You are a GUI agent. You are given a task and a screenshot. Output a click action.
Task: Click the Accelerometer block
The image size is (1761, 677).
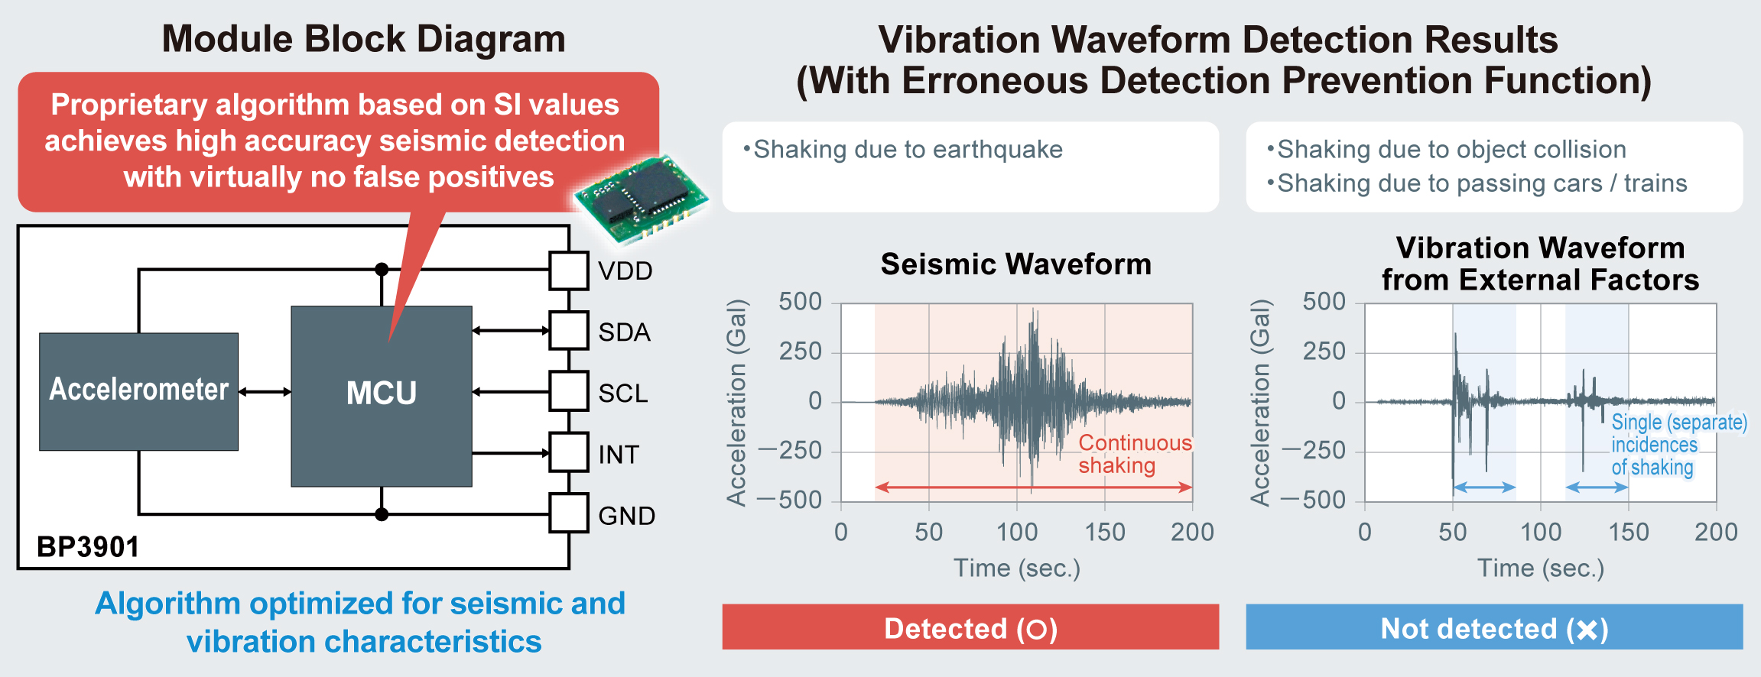pos(138,390)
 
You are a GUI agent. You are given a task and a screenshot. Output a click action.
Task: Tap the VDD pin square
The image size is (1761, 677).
pos(569,270)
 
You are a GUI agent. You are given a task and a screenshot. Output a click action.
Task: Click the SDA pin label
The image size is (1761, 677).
pos(624,332)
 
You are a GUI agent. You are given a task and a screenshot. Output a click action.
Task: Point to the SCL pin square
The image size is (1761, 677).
pos(569,391)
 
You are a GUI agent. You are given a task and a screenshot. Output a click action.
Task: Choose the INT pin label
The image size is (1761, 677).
pos(618,455)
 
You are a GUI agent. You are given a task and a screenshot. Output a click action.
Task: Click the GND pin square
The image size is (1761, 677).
pos(569,513)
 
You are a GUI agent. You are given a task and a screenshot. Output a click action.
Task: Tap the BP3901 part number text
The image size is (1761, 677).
pos(88,547)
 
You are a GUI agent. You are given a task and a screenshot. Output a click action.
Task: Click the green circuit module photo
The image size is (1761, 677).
pos(641,197)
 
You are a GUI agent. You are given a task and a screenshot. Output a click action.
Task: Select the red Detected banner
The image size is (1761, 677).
pos(970,627)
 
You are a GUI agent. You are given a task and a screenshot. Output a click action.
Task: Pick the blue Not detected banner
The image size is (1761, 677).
pos(1494,627)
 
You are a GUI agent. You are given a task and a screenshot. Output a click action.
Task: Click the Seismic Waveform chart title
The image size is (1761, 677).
pos(1015,264)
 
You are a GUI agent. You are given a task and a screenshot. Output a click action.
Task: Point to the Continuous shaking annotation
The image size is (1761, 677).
pos(1134,454)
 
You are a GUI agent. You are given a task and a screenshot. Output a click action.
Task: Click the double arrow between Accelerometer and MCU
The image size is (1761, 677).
pos(265,392)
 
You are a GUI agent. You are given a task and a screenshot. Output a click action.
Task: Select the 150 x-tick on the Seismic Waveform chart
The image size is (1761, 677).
pos(1104,532)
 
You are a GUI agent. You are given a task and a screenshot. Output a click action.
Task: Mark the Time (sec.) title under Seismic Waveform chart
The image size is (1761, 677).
pos(1016,568)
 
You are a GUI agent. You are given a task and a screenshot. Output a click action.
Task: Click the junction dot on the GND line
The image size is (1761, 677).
pos(382,514)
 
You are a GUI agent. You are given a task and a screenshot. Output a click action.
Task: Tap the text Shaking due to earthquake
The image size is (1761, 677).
pos(908,150)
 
